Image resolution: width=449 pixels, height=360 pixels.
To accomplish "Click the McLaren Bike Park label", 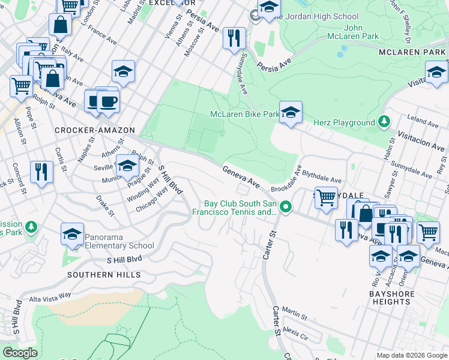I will pos(244,114).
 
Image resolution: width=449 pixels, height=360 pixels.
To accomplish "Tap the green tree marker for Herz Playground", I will pos(384,122).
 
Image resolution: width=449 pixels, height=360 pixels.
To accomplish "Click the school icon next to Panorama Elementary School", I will pos(73,235).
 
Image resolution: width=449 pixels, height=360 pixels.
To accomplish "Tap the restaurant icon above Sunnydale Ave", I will pos(234,38).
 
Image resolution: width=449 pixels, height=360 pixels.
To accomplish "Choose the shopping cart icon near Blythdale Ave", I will pos(325,196).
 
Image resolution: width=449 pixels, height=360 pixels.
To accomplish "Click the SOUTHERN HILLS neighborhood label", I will pos(104,275).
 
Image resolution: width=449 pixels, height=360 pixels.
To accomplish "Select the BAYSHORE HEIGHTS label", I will pos(391,297).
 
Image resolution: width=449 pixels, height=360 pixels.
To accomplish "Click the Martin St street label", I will pos(295,313).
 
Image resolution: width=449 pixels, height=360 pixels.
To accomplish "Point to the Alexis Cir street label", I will pos(295,331).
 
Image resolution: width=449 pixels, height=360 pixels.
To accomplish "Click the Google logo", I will pos(20,353).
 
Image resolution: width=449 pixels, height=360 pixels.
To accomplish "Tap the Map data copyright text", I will pos(411,355).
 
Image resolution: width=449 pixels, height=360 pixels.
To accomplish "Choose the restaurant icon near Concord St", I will pos(41,172).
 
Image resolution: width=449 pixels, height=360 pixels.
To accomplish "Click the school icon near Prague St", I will pos(127,166).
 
